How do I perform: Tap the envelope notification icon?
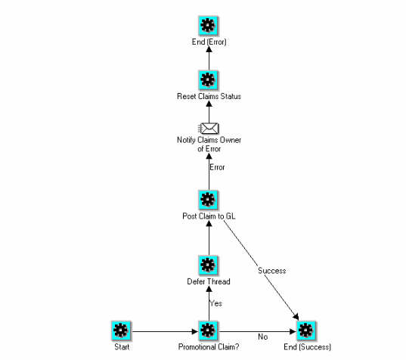point(209,128)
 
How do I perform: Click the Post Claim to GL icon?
point(209,200)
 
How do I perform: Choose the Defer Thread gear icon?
point(209,265)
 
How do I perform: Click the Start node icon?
point(122,329)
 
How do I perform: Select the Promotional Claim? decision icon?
point(209,329)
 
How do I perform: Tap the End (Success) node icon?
point(305,329)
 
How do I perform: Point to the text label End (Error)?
point(209,42)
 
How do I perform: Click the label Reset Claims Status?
point(209,97)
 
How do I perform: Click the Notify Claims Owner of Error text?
point(209,144)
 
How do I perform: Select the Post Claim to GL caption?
point(209,216)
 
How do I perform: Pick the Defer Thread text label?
point(209,281)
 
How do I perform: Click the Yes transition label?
point(216,304)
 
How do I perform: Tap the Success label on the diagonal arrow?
point(271,270)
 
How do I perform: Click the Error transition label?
point(218,167)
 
